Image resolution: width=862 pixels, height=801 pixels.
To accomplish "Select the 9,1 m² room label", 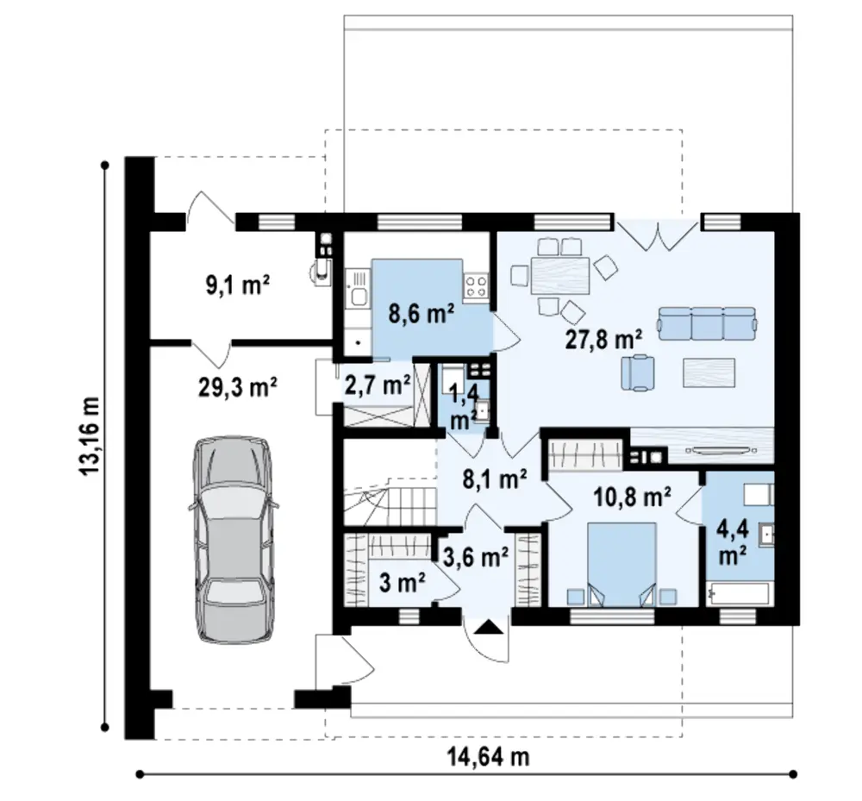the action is [x=238, y=285].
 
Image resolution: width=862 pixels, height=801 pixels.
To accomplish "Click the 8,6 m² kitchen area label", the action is [x=422, y=315].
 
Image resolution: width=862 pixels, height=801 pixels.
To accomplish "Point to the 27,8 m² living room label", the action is [x=603, y=339].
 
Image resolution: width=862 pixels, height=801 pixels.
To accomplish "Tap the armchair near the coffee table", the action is [x=638, y=372].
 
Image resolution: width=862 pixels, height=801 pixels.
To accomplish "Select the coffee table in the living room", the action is [x=709, y=372].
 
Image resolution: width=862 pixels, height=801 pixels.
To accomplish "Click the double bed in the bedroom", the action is [x=622, y=565].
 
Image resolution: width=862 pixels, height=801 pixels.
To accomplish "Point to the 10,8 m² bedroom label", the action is [x=632, y=497].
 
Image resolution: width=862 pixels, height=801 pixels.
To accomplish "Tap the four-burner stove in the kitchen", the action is [x=476, y=286].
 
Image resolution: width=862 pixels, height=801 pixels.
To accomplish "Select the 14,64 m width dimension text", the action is [x=489, y=757].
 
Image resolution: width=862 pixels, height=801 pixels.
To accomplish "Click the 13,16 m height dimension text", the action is [x=90, y=436].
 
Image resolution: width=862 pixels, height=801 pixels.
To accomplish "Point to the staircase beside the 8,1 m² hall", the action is [x=390, y=497].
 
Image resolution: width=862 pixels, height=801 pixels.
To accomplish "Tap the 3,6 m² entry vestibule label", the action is [x=476, y=558].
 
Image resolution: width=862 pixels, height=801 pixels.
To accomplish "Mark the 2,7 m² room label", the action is [x=378, y=385].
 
